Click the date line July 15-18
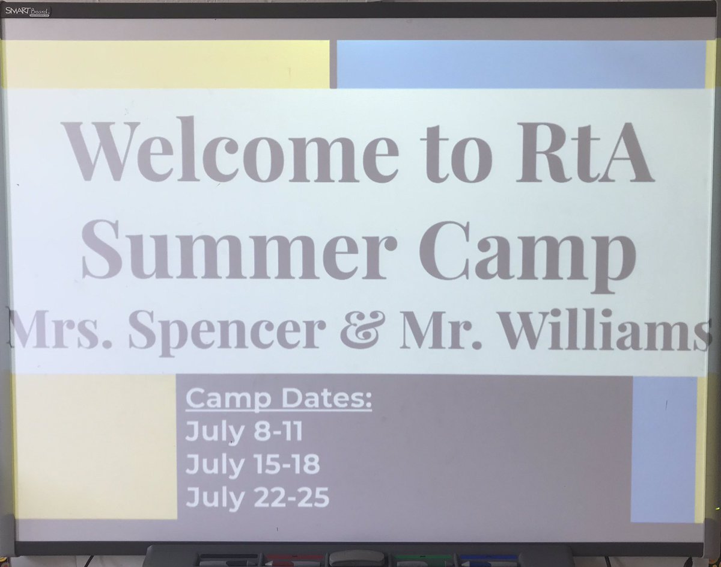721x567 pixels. click(x=252, y=464)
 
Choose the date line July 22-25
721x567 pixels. click(x=257, y=498)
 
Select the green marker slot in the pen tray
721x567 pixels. click(x=424, y=558)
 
